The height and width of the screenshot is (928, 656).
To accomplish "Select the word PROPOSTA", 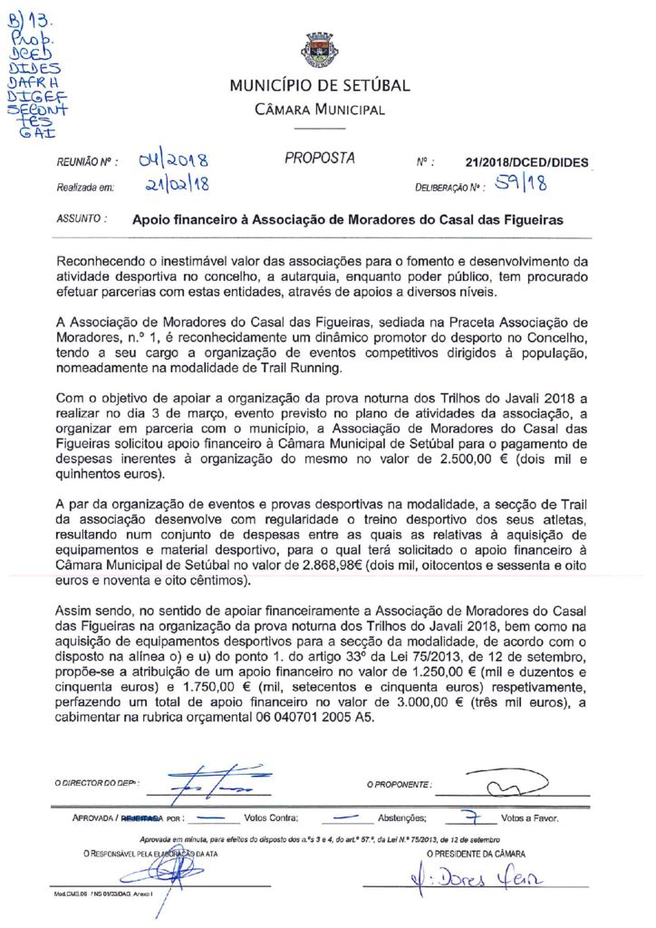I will click(x=320, y=159).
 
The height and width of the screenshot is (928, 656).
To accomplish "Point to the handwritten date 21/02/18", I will click(x=176, y=186).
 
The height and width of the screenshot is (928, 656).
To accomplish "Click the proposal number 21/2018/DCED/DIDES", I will click(x=526, y=163).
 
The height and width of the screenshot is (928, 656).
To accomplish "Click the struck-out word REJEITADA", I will click(x=144, y=817).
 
